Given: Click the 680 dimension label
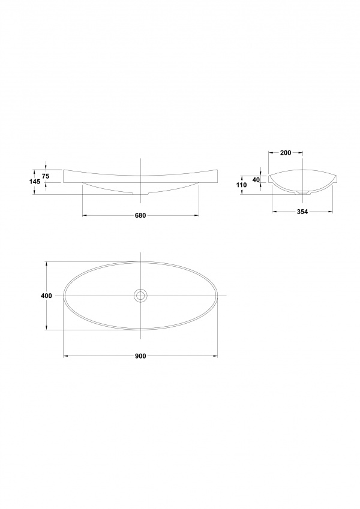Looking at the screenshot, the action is point(140,216).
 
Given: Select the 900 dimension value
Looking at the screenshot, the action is point(140,356).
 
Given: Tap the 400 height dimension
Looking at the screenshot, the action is point(46,296).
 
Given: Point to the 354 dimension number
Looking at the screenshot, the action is point(302,212).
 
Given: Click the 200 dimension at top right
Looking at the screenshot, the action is point(285,153).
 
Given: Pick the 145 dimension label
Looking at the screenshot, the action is point(35,182).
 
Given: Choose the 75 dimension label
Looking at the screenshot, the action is point(46,177).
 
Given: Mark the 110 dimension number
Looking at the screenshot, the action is point(242,185).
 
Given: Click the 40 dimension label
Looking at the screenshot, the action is point(256,179).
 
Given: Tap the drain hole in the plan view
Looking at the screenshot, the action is point(140,296).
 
